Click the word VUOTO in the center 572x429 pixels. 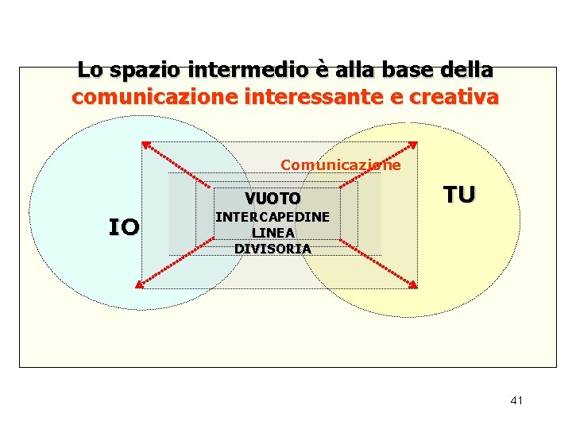[x=272, y=198]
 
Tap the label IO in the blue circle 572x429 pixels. [x=124, y=228]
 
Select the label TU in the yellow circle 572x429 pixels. [x=459, y=195]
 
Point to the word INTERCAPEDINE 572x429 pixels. [x=272, y=216]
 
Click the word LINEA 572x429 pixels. [x=272, y=232]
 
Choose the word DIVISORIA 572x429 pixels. [x=272, y=248]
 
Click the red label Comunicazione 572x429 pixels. [x=341, y=165]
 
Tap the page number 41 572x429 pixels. [x=516, y=400]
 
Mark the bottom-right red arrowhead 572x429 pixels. [x=413, y=284]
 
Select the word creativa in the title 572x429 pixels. [x=460, y=98]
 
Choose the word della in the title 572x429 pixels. [x=467, y=70]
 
